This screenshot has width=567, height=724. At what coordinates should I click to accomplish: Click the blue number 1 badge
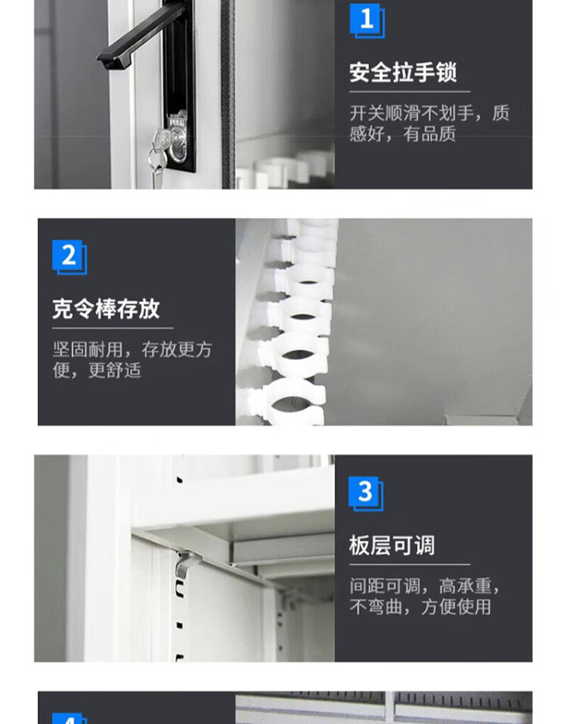point(367,20)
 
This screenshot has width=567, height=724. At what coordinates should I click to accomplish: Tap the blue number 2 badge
point(70,256)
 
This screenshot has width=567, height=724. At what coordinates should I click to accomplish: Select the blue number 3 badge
point(366,493)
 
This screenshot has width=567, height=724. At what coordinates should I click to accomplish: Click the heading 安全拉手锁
point(403,73)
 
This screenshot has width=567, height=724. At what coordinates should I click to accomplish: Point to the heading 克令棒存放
point(106,309)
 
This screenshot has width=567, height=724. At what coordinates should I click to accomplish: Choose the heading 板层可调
point(392,545)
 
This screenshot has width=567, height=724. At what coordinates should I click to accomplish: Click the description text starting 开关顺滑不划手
point(429,123)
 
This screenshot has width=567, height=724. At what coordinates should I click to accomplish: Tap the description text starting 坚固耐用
point(132,359)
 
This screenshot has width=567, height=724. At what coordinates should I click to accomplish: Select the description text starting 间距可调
point(424,596)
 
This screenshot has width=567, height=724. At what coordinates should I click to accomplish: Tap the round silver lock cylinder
point(178,138)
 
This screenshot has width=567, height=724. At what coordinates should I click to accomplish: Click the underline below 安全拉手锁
point(410,92)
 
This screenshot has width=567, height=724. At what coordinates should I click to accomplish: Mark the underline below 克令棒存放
point(113,328)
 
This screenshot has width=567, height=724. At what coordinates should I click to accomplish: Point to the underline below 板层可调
point(410,564)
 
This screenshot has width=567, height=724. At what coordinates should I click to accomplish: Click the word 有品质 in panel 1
point(429,134)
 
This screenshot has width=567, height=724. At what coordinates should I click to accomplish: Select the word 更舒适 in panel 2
point(114,370)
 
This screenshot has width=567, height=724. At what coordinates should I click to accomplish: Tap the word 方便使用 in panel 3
point(456,607)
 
